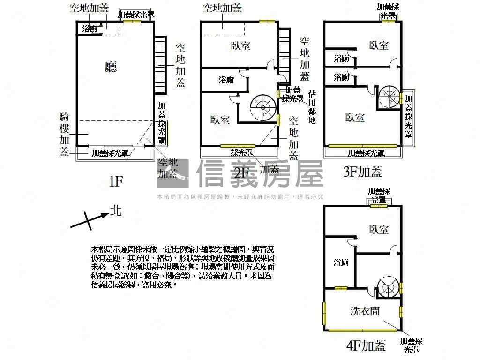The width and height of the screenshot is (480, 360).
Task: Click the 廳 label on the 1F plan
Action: (x=111, y=67)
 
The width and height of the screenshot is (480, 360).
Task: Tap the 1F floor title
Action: (x=116, y=181)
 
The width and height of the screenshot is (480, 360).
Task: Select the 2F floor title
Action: (x=241, y=174)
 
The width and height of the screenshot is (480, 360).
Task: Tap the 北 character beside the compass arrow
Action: (x=116, y=210)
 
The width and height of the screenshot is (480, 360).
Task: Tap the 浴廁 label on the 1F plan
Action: (x=90, y=29)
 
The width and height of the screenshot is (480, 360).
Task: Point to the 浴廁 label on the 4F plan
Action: (x=341, y=262)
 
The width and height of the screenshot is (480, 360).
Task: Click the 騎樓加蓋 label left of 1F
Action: (x=65, y=134)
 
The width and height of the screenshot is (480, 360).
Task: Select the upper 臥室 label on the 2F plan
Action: (x=240, y=45)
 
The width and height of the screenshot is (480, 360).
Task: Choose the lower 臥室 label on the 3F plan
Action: (x=355, y=118)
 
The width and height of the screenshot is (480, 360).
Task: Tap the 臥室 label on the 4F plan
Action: (x=378, y=230)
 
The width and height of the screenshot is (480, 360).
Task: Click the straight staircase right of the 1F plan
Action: (x=160, y=65)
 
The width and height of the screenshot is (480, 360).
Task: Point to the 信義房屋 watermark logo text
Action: (x=260, y=173)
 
